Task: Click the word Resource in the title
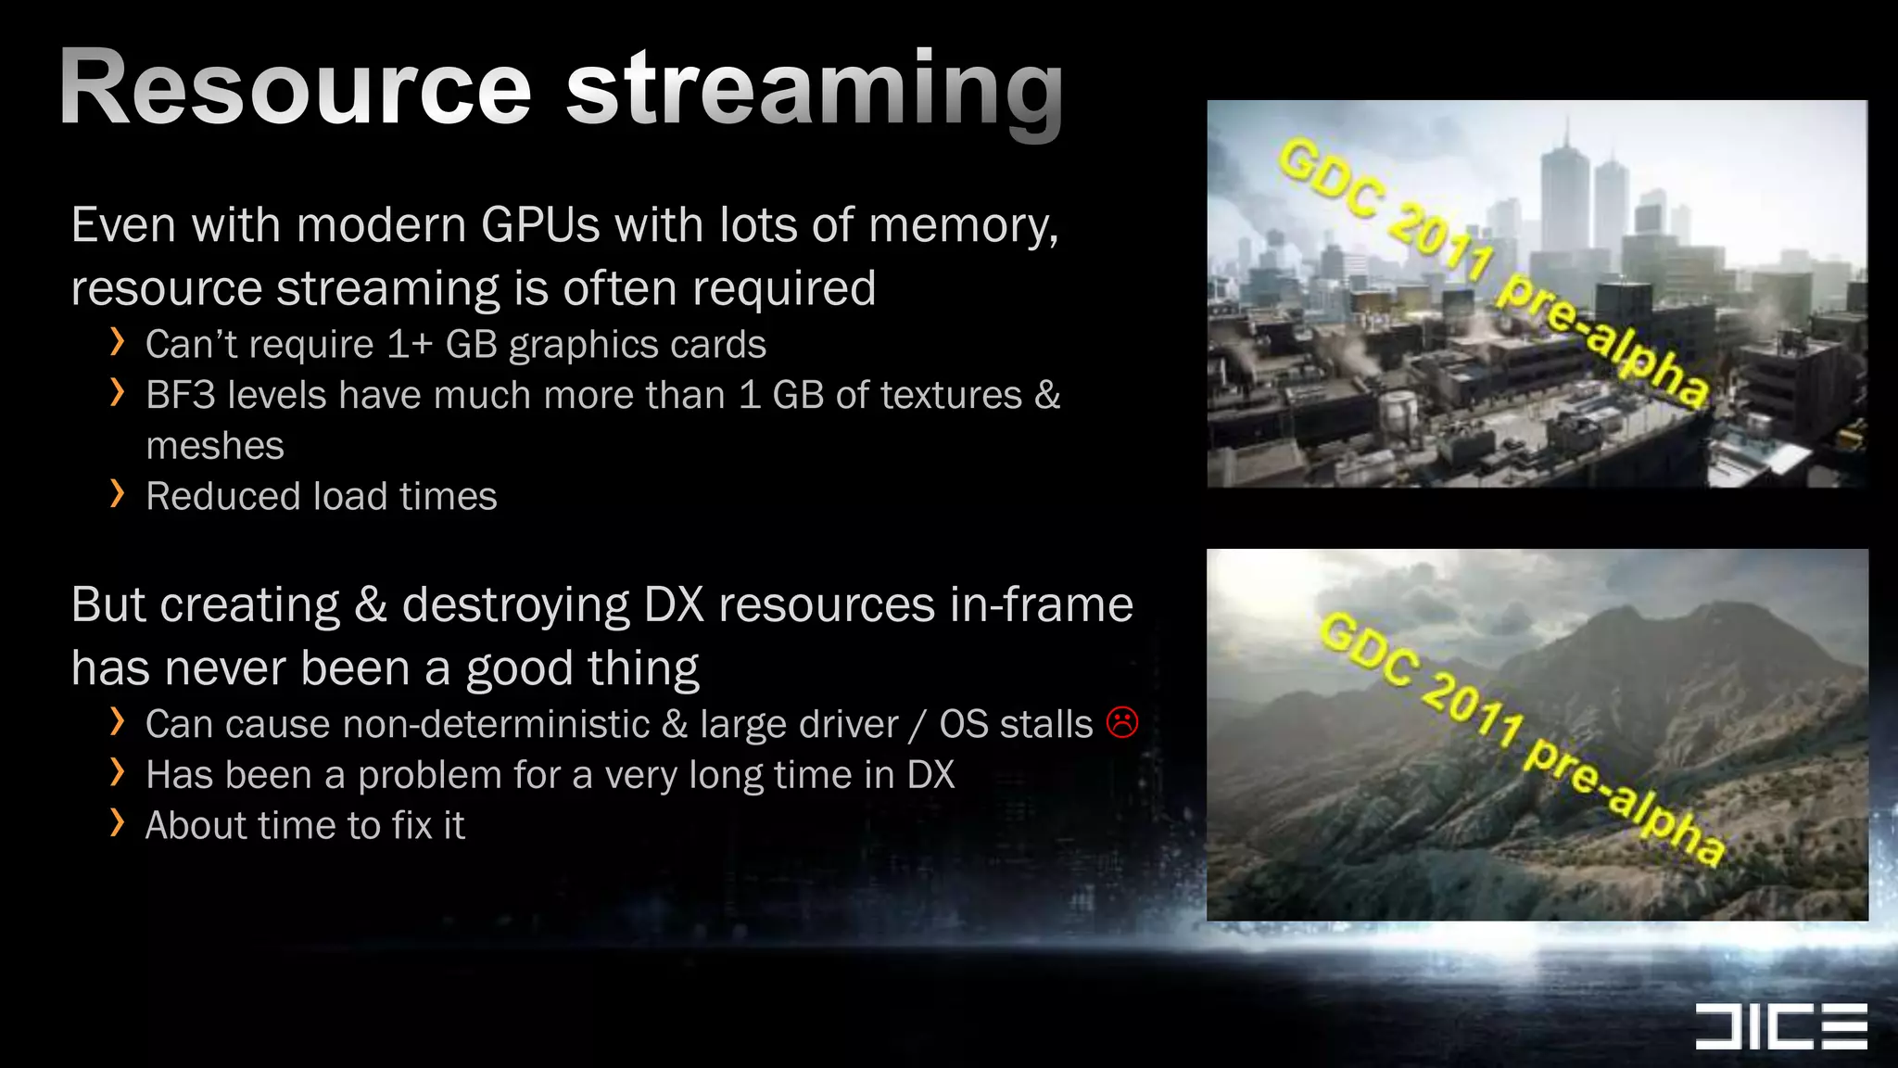pos(295,88)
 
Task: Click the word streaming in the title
pos(814,91)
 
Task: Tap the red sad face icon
pos(1121,722)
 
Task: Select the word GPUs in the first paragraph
pos(540,225)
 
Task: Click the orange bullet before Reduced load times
pos(117,494)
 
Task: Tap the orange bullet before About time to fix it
pos(117,822)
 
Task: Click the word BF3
pos(180,396)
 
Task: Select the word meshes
pos(215,446)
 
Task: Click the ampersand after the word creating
pos(370,605)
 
